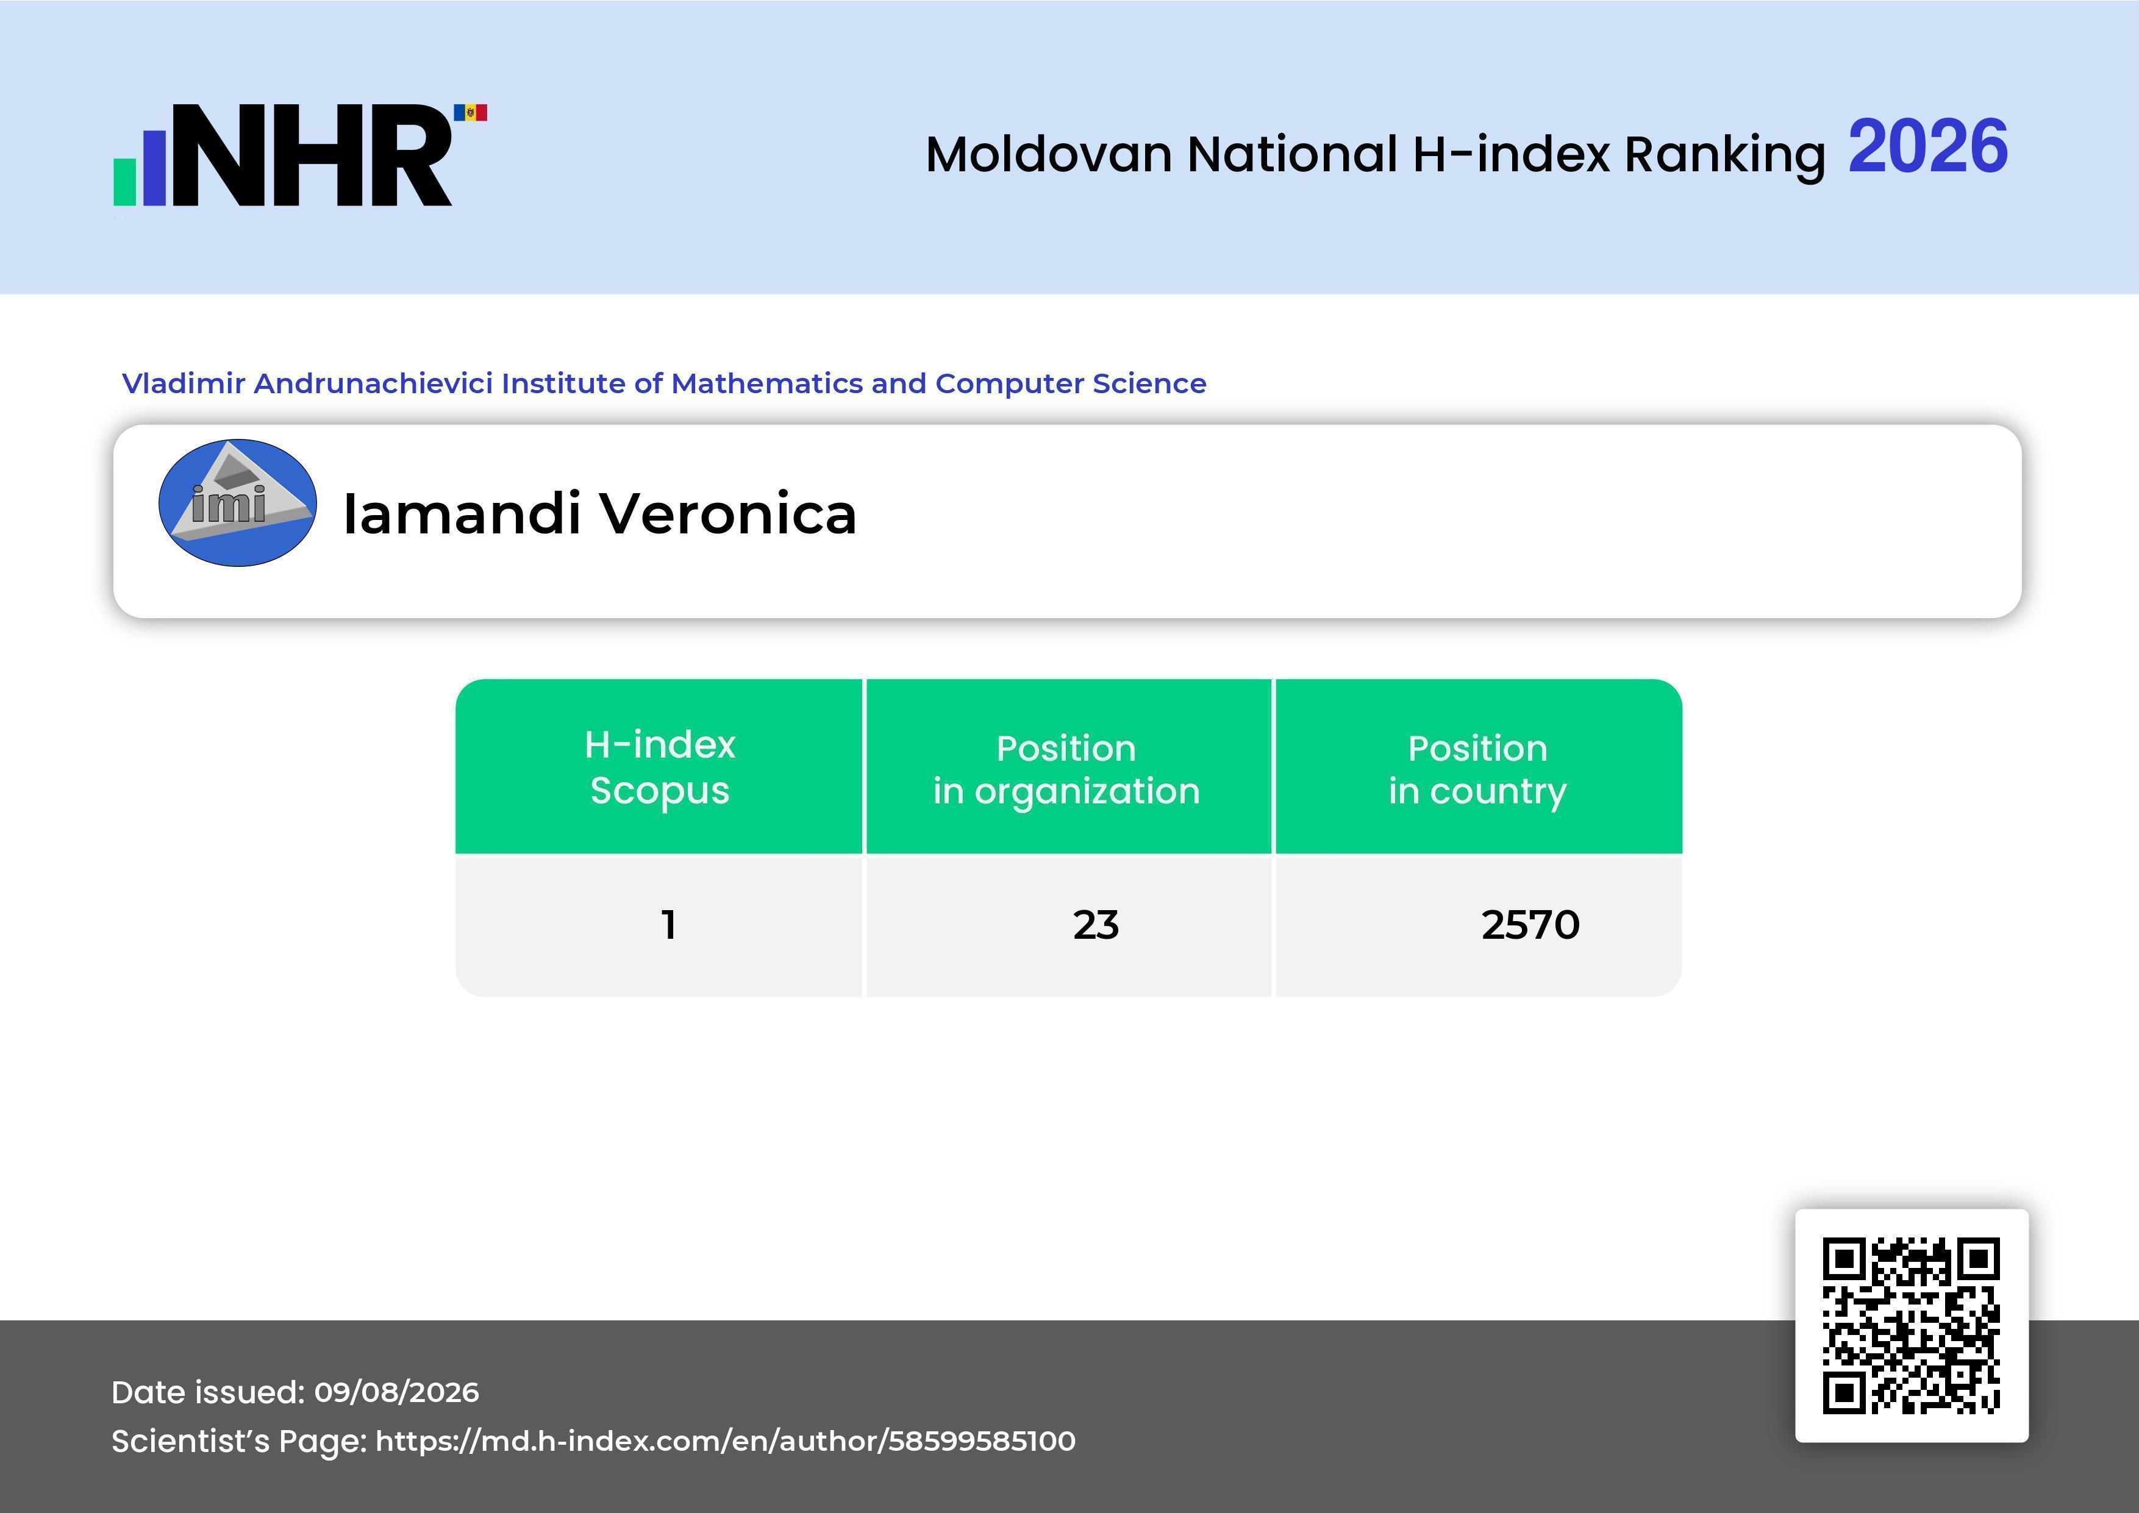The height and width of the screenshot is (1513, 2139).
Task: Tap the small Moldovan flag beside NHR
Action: tap(471, 113)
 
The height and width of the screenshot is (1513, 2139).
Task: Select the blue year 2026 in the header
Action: tap(1927, 146)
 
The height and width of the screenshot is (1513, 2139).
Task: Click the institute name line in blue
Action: tap(664, 383)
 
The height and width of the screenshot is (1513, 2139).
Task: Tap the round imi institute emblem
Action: tap(238, 503)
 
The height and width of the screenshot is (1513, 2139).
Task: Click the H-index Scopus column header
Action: tap(660, 767)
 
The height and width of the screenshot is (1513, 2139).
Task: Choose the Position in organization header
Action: tap(1066, 769)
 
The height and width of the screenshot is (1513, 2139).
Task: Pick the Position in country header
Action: tap(1477, 769)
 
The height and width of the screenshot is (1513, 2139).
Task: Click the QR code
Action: tap(1912, 1326)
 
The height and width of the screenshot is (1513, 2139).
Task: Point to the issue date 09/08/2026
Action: tap(397, 1392)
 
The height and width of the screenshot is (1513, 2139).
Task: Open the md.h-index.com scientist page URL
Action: tap(726, 1441)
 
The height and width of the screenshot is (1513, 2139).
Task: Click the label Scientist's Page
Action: tap(240, 1441)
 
